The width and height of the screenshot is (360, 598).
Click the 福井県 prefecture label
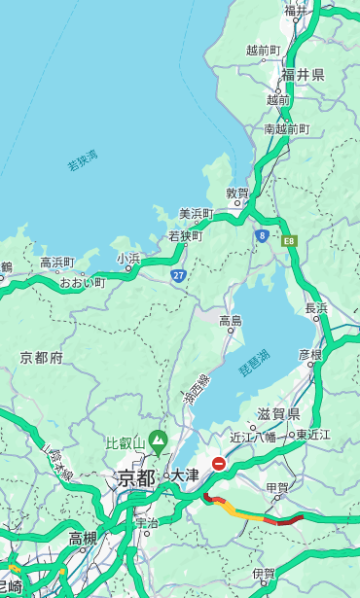[303, 75]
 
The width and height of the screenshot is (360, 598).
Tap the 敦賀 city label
[238, 193]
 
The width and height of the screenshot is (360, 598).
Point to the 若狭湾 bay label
[83, 160]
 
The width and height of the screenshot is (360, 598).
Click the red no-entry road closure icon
[219, 465]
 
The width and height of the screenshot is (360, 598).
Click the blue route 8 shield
[262, 234]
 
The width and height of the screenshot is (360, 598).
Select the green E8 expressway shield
[289, 240]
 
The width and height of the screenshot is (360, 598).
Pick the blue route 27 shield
[179, 276]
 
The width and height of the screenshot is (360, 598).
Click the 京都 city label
[136, 477]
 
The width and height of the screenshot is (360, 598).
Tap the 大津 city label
[184, 475]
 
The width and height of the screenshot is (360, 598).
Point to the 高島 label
[231, 321]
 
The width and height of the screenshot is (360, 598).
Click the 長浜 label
[316, 308]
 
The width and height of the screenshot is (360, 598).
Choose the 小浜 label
[128, 259]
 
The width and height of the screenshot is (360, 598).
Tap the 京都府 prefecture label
[42, 358]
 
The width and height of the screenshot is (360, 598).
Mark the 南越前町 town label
[286, 128]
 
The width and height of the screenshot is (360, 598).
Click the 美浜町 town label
[196, 214]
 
